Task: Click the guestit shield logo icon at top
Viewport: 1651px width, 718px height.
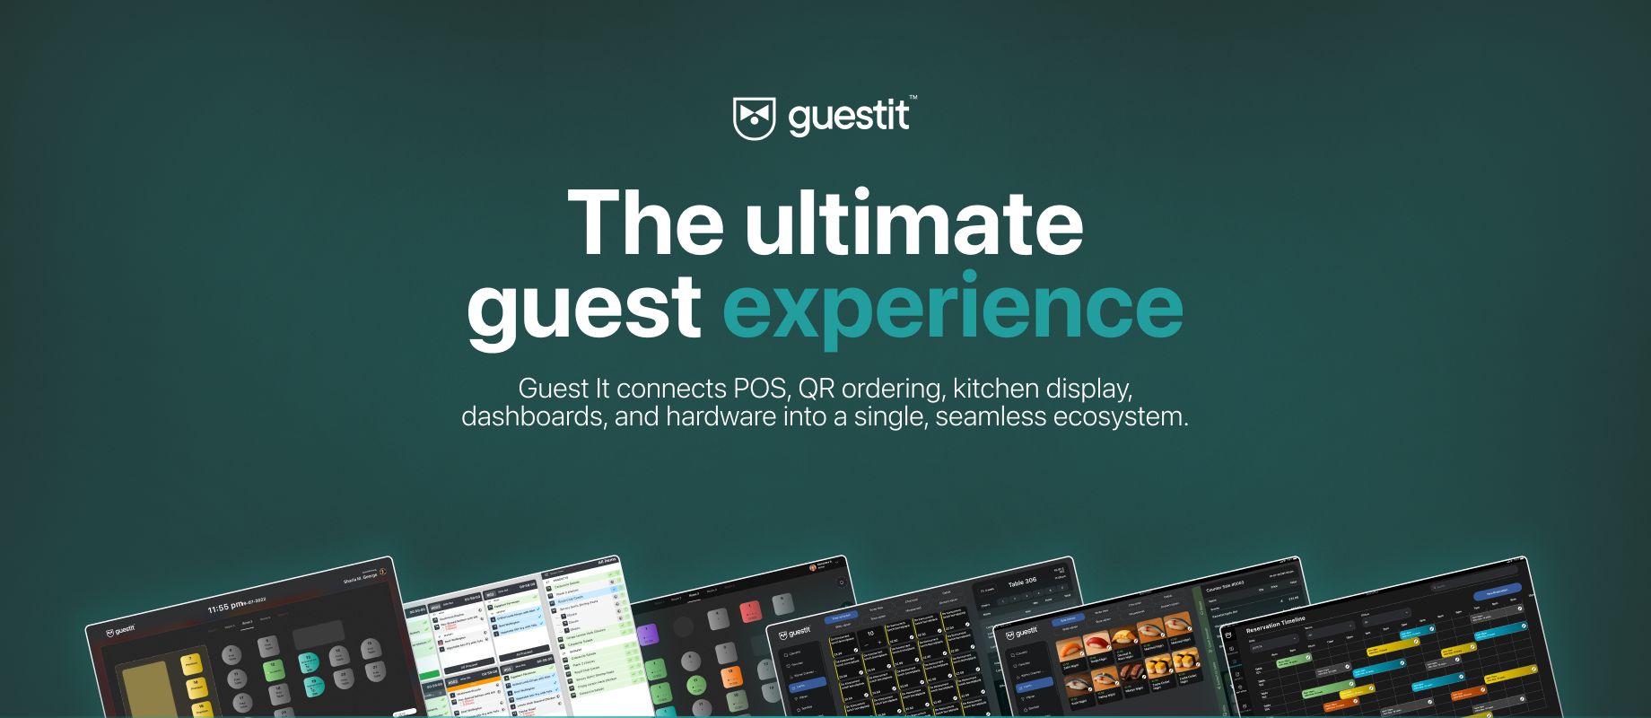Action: tap(754, 118)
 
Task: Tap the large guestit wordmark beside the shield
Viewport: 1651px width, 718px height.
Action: tap(848, 118)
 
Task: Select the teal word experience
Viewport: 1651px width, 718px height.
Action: tap(953, 308)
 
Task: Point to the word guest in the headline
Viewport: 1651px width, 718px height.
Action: tap(583, 308)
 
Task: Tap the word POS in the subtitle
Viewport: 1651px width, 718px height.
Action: tap(760, 389)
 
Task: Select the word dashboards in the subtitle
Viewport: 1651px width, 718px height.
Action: tap(532, 417)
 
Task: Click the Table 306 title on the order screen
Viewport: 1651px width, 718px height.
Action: tap(1022, 582)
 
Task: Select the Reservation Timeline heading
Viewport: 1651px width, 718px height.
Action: tap(1275, 624)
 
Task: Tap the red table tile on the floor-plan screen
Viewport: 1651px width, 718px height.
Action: tap(750, 611)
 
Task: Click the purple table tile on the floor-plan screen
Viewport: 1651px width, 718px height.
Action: tap(648, 635)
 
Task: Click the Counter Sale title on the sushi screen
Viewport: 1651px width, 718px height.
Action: tap(1224, 586)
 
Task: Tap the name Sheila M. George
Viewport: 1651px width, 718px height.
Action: tap(360, 577)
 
